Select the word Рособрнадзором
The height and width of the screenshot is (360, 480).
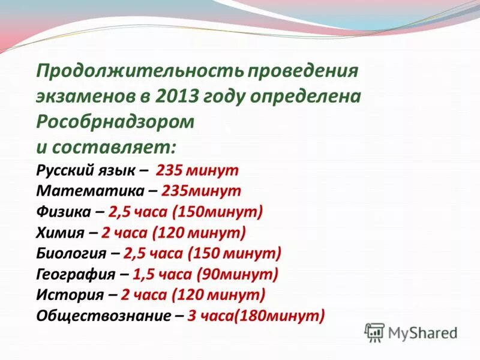[115, 121]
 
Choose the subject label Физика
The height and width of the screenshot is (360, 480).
[63, 212]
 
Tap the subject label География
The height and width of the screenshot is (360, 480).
[76, 274]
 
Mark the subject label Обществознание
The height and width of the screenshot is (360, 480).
[103, 316]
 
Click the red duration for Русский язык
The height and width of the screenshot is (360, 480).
[197, 170]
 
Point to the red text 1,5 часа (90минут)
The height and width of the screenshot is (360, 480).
[206, 274]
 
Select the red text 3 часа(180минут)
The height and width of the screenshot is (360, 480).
[256, 316]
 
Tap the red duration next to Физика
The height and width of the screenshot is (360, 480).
[186, 212]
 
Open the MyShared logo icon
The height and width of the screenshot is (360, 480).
[375, 332]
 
